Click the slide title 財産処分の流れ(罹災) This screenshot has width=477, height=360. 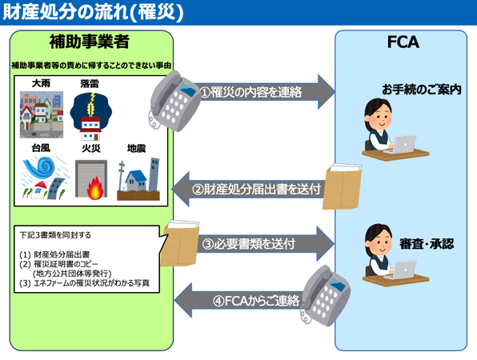(x=93, y=12)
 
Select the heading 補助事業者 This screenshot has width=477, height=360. (x=90, y=42)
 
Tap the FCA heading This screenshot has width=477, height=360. (x=403, y=42)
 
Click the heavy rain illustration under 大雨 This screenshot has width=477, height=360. (x=42, y=114)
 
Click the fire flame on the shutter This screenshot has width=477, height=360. (x=95, y=188)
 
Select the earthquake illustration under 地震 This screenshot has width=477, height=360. (x=138, y=178)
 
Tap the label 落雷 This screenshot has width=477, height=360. (x=90, y=84)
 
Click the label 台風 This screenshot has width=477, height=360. (x=41, y=148)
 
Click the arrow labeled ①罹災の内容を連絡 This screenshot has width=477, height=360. (x=264, y=92)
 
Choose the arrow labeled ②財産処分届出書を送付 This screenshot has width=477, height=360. (x=250, y=189)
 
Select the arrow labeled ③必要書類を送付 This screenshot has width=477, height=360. (x=265, y=244)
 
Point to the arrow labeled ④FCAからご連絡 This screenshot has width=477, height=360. (x=240, y=301)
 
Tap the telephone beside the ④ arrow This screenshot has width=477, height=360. (x=325, y=296)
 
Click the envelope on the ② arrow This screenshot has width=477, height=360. (x=343, y=186)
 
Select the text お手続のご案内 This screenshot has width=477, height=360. (x=421, y=90)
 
